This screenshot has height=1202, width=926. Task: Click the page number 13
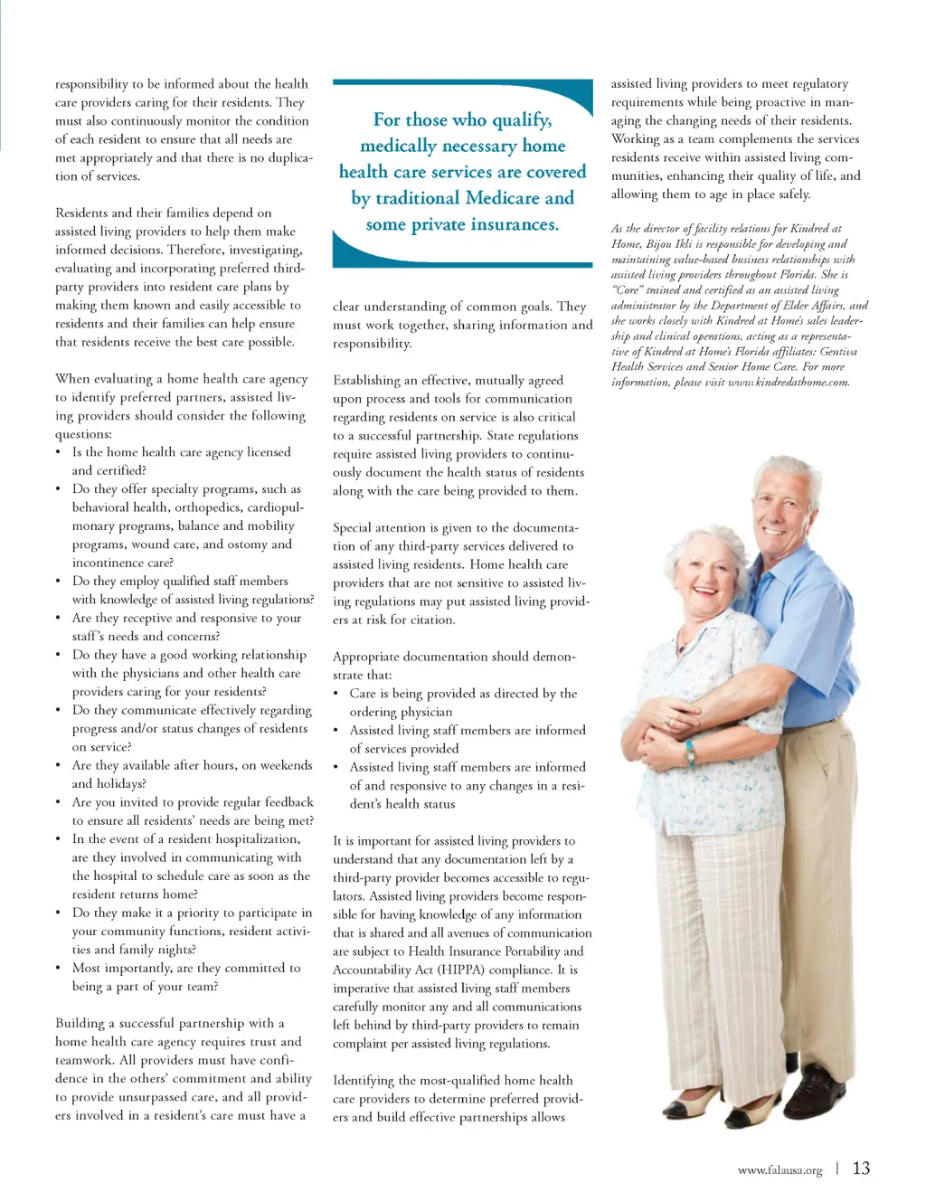point(861,1168)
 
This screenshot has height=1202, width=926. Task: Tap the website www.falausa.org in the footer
point(780,1170)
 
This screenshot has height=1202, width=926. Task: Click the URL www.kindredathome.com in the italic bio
point(789,382)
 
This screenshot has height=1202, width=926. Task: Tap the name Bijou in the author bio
point(659,244)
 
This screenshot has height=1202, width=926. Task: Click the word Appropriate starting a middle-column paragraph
point(365,657)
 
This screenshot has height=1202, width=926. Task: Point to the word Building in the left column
point(80,1023)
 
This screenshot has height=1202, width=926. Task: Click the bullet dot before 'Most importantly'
point(59,969)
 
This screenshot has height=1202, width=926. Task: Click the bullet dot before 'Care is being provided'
point(336,694)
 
